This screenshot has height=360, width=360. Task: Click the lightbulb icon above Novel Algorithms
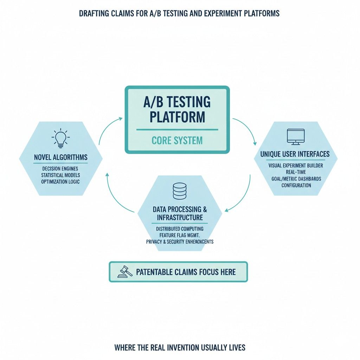click(60, 137)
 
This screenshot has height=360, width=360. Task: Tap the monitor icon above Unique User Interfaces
click(295, 137)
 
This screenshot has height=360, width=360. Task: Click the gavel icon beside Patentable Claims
click(125, 271)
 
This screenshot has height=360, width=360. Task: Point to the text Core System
click(177, 141)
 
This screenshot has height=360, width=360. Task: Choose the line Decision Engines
click(60, 168)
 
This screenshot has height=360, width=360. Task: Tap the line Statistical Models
click(60, 175)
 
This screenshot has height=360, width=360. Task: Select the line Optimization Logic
click(60, 182)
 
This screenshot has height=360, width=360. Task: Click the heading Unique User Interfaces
click(295, 154)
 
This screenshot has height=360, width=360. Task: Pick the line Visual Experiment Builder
click(296, 165)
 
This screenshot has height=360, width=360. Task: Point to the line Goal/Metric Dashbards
click(296, 179)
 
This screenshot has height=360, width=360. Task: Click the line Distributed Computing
click(180, 229)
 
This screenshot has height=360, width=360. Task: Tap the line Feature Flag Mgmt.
click(180, 235)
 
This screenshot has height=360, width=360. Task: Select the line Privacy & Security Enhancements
click(180, 242)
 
